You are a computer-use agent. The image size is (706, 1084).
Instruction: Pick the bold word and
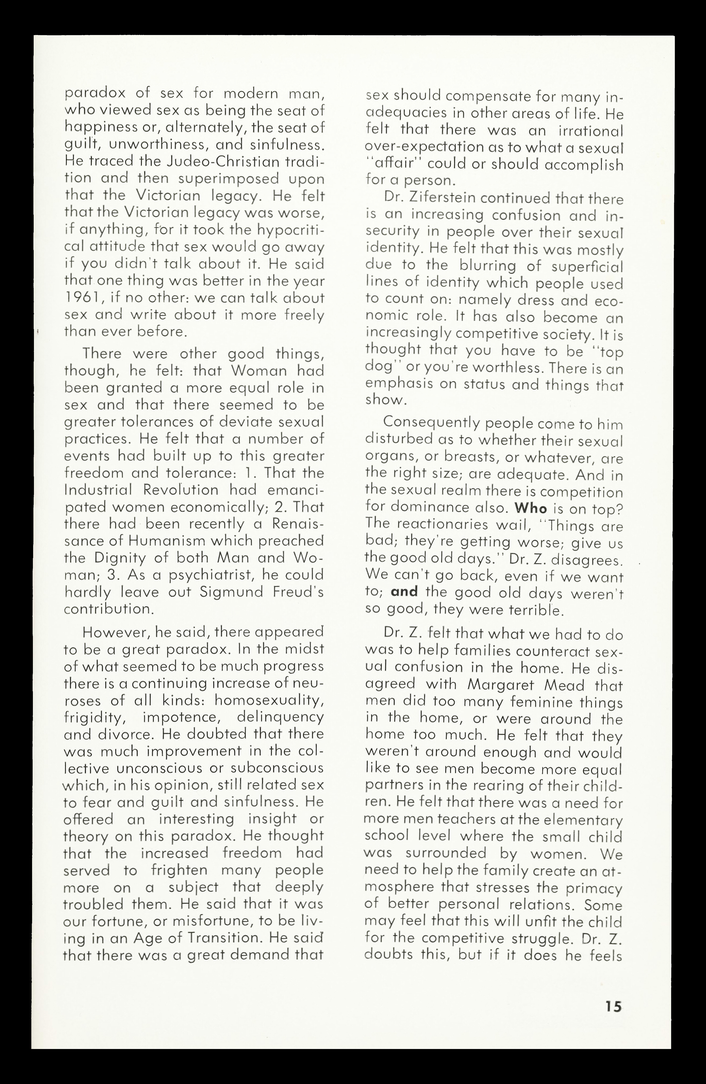click(x=404, y=592)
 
